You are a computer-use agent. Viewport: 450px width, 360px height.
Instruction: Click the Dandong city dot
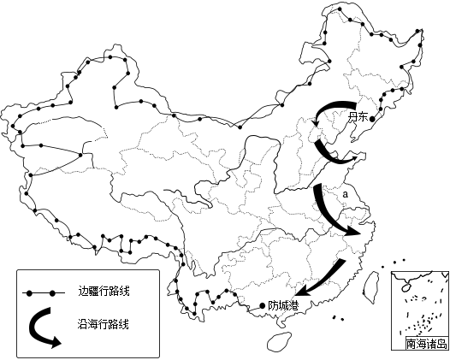coord(372,119)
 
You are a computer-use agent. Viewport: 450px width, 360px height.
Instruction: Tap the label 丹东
coord(358,117)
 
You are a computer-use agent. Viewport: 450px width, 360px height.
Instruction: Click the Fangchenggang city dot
coord(262,306)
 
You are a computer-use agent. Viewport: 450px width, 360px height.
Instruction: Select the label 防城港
coord(283,305)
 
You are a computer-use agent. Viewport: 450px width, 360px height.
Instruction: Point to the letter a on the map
coord(346,194)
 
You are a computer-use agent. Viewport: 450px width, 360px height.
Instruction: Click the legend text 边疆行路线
coord(104,291)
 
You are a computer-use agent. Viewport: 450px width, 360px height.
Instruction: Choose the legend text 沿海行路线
coord(103,324)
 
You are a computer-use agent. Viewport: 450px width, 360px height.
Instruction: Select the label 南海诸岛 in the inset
coord(427,344)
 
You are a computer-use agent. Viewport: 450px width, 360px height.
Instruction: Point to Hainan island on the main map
coord(279,342)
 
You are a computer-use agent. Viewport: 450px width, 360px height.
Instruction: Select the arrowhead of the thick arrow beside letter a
coord(353,230)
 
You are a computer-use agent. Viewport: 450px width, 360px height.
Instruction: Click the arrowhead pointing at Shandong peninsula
coord(352,159)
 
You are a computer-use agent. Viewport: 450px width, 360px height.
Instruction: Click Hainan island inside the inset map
coord(406,287)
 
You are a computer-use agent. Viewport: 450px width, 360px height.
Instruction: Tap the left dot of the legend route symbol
coord(29,293)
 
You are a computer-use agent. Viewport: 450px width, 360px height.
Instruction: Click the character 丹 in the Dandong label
coord(352,117)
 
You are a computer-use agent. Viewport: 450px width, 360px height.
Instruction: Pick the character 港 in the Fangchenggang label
coord(293,305)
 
